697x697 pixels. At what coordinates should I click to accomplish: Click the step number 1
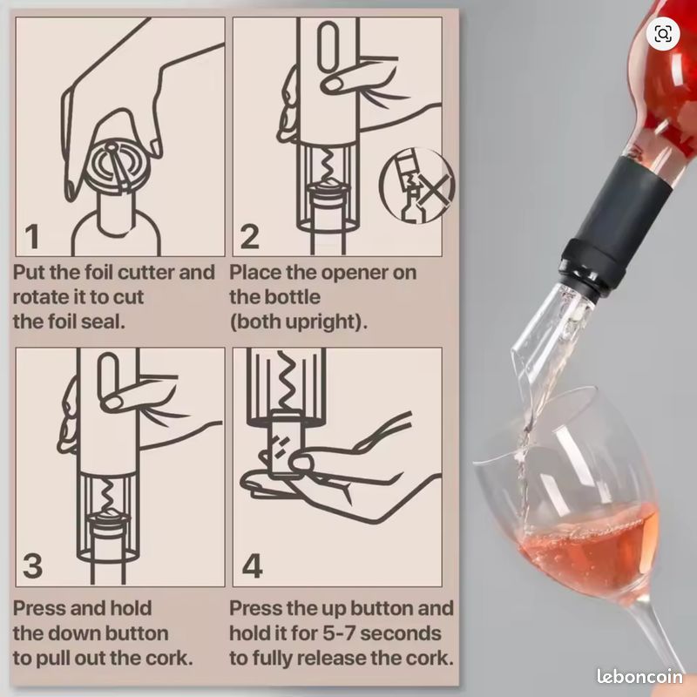pos(32,236)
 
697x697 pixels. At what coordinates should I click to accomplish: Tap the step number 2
pos(249,236)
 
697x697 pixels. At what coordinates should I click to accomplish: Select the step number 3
pos(32,565)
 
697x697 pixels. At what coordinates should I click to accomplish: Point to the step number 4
pos(252,565)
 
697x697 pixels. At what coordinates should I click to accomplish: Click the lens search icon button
pos(663,34)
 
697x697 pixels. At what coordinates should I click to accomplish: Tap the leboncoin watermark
pos(639,676)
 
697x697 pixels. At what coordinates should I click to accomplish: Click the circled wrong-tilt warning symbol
pos(416,186)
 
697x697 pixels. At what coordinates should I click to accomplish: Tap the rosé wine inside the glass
pos(592,547)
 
